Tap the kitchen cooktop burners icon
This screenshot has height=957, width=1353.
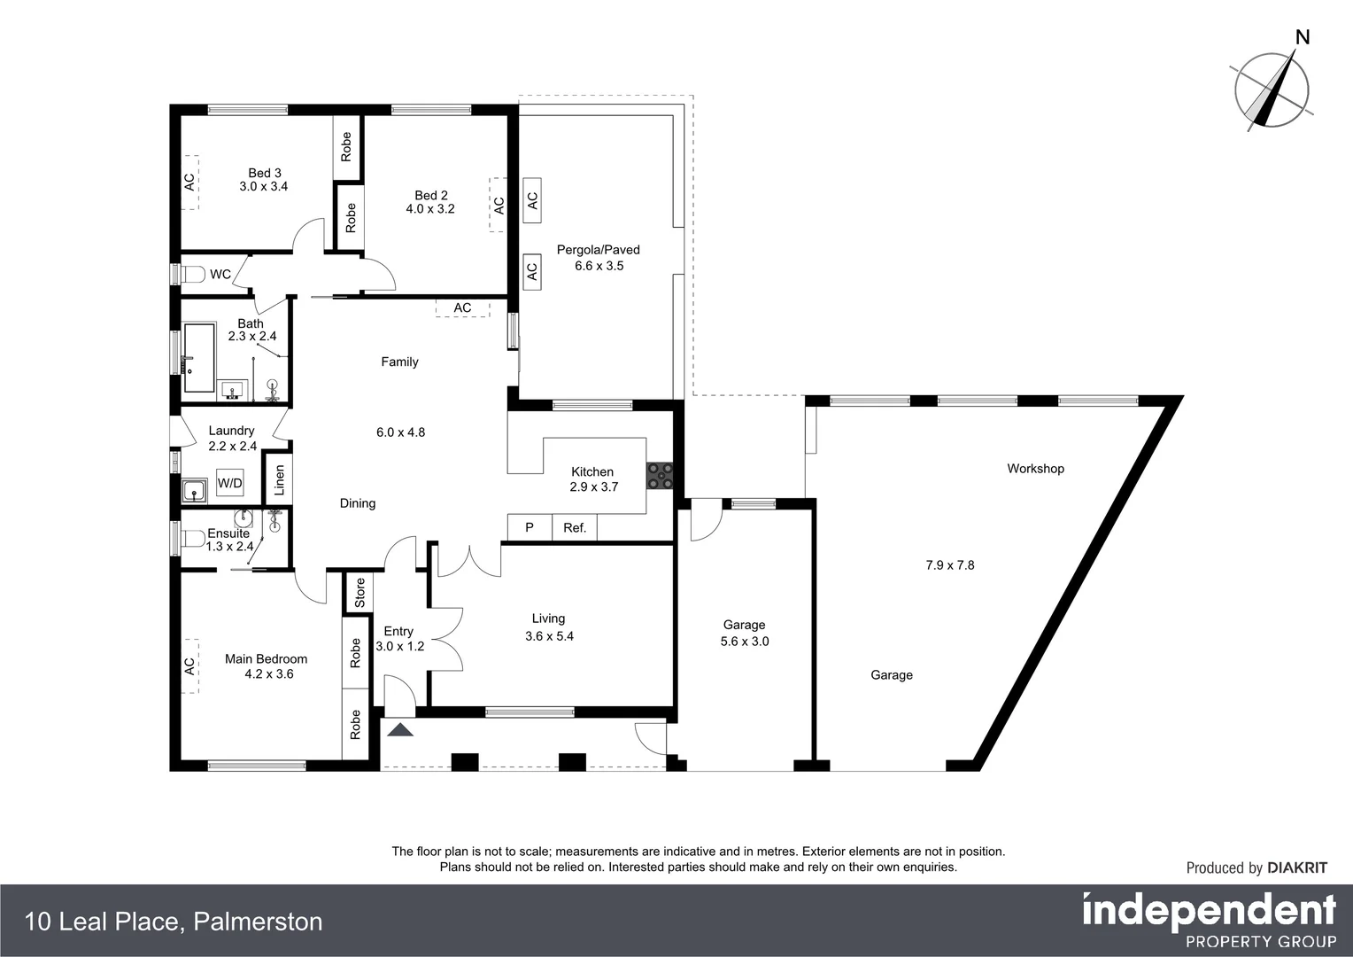point(661,476)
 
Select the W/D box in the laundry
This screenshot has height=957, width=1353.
point(229,484)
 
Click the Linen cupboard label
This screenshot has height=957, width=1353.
point(280,479)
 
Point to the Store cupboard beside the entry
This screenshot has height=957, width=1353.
point(360,593)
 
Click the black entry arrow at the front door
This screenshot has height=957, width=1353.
point(400,729)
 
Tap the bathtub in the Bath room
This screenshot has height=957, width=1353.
point(198,358)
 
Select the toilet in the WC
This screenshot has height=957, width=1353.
point(193,274)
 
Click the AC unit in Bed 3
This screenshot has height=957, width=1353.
point(189,183)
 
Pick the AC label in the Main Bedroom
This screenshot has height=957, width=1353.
point(189,665)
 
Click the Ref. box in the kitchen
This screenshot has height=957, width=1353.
point(575,528)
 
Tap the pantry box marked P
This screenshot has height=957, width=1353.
point(530,528)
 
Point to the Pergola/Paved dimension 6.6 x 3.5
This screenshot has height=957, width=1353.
point(599,266)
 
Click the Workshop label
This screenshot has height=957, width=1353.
point(1035,469)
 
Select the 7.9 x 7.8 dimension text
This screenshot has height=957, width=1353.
point(949,565)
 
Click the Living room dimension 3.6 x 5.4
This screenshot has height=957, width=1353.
point(549,636)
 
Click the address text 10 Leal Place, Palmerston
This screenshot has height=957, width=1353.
point(174,922)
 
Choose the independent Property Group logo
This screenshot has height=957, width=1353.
point(1209,921)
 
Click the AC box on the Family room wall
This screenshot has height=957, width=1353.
point(462,308)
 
